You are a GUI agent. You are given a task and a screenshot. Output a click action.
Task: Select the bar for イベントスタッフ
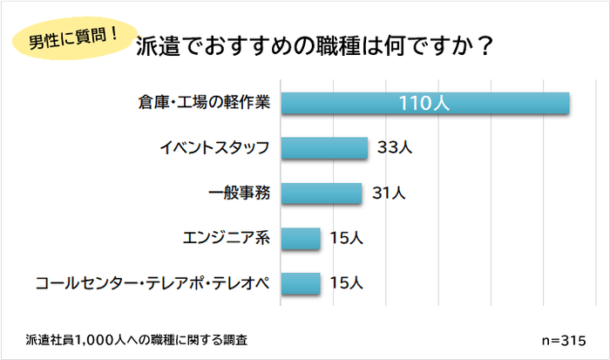pos(323,147)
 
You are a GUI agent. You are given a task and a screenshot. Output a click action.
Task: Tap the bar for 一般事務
pos(321,193)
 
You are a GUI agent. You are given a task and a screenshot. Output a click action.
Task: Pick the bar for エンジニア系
pos(301,237)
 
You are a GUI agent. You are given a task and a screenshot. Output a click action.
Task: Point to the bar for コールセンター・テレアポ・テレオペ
pos(301,282)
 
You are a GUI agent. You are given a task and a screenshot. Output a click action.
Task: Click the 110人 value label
pos(424,103)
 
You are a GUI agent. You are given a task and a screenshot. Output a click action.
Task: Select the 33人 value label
pos(394,148)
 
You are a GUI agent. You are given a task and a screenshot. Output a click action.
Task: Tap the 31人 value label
pos(389,194)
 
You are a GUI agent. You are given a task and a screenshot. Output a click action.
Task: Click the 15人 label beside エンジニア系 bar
pos(346,238)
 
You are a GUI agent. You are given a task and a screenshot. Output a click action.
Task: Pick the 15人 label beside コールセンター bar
pos(346,283)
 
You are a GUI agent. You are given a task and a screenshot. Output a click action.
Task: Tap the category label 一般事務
pos(241,194)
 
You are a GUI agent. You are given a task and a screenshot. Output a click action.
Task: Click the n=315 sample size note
pos(564,338)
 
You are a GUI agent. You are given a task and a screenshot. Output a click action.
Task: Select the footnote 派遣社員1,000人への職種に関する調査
pos(142,338)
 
